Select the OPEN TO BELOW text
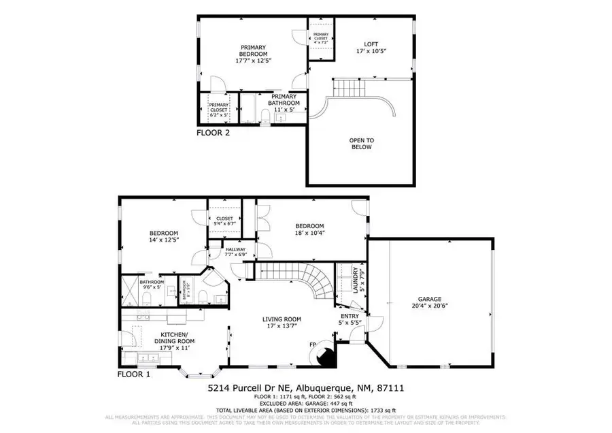tap(361, 144)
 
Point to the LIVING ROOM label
tap(282, 319)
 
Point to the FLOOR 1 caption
tap(135, 374)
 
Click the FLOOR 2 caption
tap(213, 133)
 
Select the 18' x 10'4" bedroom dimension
tap(309, 234)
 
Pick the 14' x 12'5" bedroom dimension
tap(164, 240)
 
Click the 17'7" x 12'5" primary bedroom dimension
tap(253, 61)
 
